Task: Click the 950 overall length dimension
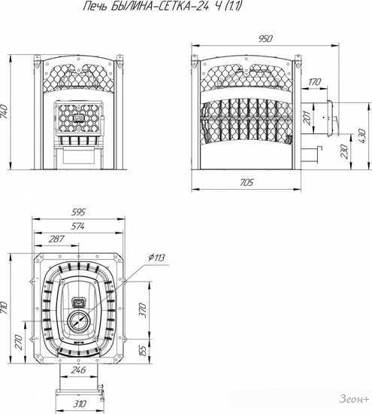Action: (x=265, y=39)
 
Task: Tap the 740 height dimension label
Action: (x=5, y=111)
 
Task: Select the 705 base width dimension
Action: (x=246, y=182)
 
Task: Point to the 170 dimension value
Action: (x=314, y=82)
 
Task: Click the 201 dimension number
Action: (x=307, y=117)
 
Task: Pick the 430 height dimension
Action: (x=361, y=136)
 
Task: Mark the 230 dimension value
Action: (x=344, y=151)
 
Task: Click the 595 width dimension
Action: (x=78, y=212)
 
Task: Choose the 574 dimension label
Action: (x=77, y=226)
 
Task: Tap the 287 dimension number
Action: (x=56, y=239)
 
